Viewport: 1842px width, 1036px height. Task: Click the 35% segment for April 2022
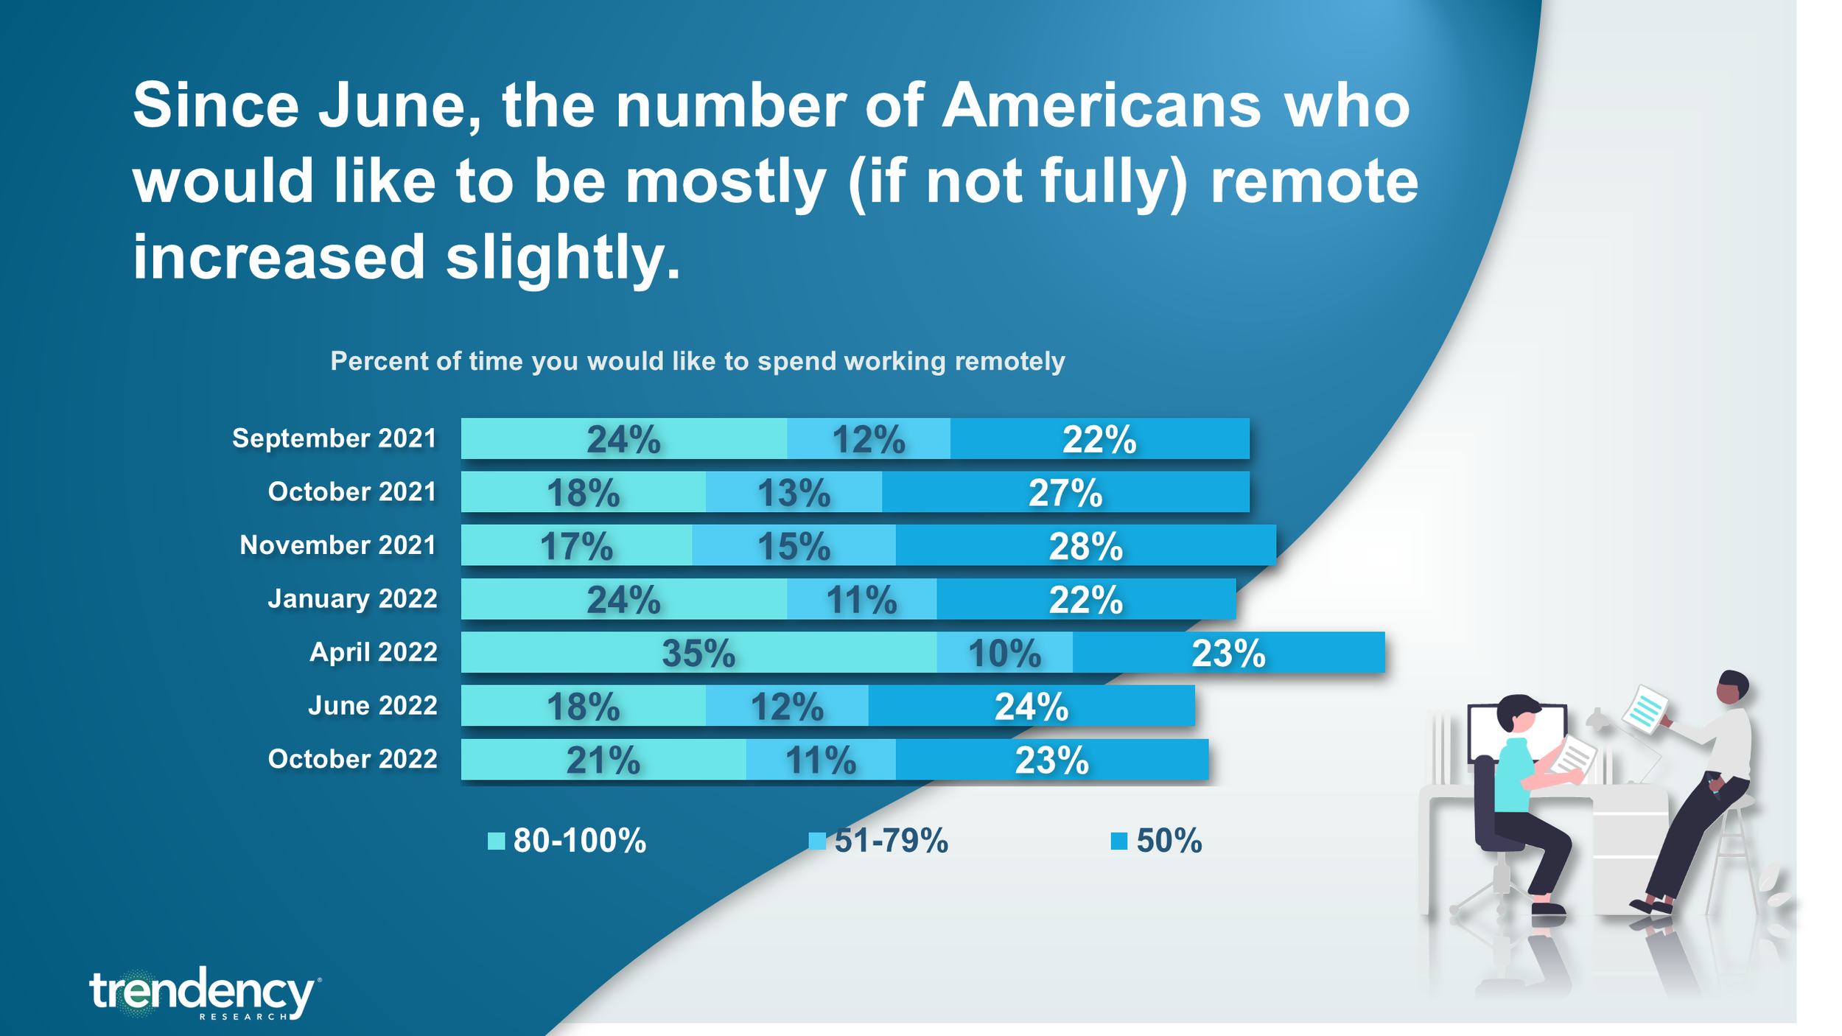tap(698, 652)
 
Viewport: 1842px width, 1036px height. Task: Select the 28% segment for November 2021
tap(1085, 545)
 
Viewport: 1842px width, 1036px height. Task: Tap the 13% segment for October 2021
tap(794, 491)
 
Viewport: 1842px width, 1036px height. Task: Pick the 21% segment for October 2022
tap(603, 760)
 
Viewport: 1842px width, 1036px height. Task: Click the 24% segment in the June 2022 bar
tap(1032, 706)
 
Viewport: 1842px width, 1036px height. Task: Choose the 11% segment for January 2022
tap(862, 599)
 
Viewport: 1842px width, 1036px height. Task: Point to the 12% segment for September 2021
tap(869, 438)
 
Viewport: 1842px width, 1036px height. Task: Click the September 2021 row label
tap(335, 438)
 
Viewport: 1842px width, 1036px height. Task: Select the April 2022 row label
tap(374, 652)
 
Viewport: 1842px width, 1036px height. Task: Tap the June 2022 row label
tap(373, 706)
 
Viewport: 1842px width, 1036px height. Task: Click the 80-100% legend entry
tap(567, 841)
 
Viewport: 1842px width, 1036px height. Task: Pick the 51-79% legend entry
tap(878, 841)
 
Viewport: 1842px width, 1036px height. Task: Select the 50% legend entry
tap(1156, 841)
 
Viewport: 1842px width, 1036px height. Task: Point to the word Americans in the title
tap(1102, 105)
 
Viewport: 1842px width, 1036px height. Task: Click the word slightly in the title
tap(563, 258)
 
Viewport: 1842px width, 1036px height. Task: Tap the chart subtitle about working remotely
tap(697, 361)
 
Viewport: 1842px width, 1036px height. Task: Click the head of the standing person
tap(1731, 687)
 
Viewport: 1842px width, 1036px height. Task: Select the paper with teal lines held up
tap(1646, 709)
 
